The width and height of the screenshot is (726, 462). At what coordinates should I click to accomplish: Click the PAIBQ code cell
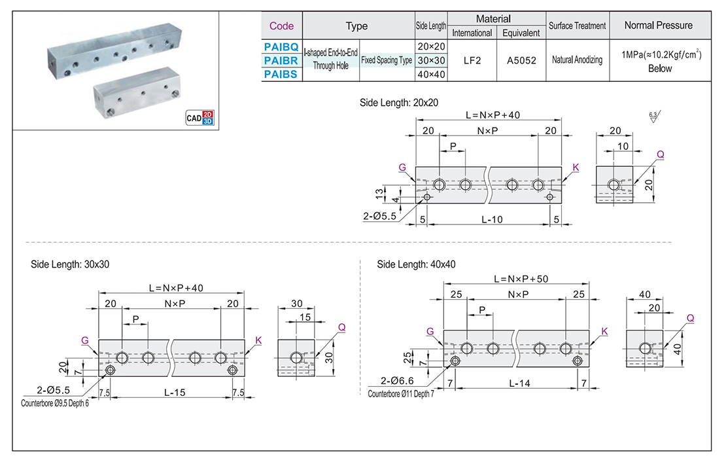282,47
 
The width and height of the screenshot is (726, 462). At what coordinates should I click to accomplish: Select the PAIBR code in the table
282,61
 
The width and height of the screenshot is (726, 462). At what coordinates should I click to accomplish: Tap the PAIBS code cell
282,75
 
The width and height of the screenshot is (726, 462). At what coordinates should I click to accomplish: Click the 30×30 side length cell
431,61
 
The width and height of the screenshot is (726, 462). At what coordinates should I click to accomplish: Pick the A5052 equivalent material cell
521,60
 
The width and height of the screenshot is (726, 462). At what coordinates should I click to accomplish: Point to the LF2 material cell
472,60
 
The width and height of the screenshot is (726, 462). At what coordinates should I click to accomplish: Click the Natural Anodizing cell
577,60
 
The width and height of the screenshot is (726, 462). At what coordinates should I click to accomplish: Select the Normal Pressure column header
659,26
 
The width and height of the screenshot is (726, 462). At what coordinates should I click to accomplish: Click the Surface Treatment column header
577,26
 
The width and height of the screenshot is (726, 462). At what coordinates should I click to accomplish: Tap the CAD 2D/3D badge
200,118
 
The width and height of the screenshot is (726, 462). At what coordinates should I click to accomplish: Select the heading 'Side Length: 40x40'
416,264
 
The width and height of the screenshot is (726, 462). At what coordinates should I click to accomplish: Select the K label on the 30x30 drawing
258,340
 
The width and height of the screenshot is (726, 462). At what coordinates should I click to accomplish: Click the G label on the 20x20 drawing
402,168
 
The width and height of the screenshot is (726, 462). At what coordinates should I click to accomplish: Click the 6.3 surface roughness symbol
653,118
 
